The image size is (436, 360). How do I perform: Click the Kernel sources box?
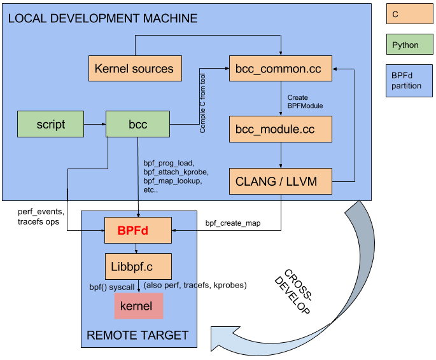click(x=134, y=68)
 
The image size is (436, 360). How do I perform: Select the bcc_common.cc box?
click(x=281, y=68)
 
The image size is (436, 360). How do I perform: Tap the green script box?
click(x=50, y=124)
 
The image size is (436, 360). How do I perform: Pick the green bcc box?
click(x=137, y=124)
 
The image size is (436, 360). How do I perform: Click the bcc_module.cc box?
click(x=281, y=128)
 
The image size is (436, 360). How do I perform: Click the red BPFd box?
click(x=138, y=230)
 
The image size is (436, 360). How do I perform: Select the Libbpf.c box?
click(x=138, y=266)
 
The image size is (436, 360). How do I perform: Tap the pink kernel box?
click(x=138, y=306)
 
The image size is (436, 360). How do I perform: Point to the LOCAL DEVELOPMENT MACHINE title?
click(x=102, y=18)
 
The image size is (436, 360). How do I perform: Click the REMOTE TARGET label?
click(x=137, y=335)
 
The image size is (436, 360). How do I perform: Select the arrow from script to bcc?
click(x=95, y=124)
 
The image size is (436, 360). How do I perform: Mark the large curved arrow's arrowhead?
click(x=224, y=338)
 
